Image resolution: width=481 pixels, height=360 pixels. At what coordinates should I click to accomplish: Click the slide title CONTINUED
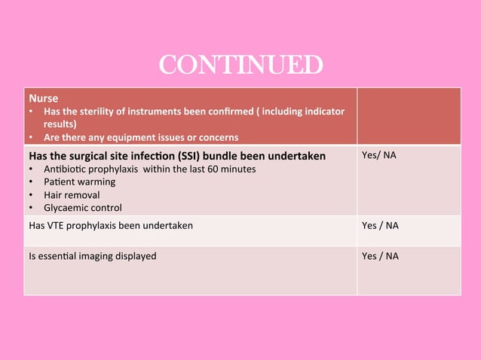click(240, 66)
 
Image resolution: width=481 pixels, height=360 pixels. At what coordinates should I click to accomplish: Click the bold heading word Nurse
click(43, 98)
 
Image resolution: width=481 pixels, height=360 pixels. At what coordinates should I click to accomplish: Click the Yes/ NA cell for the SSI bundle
click(380, 156)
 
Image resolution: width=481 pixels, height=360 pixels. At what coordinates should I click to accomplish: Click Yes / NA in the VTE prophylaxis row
click(381, 225)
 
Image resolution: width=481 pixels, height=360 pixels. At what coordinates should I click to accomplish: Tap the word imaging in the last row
click(99, 256)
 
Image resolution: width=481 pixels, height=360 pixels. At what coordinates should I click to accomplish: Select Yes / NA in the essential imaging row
click(381, 256)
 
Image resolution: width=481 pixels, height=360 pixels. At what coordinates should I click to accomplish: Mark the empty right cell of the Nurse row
click(408, 117)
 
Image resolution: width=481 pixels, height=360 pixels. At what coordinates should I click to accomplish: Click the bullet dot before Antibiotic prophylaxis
click(31, 169)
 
